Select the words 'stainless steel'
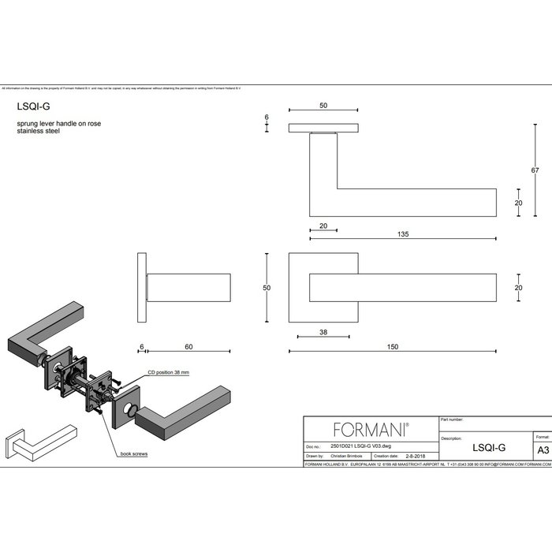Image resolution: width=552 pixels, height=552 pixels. tap(39, 132)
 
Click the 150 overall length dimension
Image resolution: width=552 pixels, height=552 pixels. tap(392, 347)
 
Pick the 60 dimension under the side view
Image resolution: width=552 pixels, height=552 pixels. tap(188, 347)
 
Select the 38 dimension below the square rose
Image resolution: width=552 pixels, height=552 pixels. tap(324, 332)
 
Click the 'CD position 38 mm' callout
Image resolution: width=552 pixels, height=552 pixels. tap(170, 371)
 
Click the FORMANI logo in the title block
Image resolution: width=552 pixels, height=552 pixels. tap(371, 430)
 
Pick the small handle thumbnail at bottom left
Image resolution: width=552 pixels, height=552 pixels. tap(40, 442)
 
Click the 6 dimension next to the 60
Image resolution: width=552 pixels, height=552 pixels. tap(141, 347)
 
